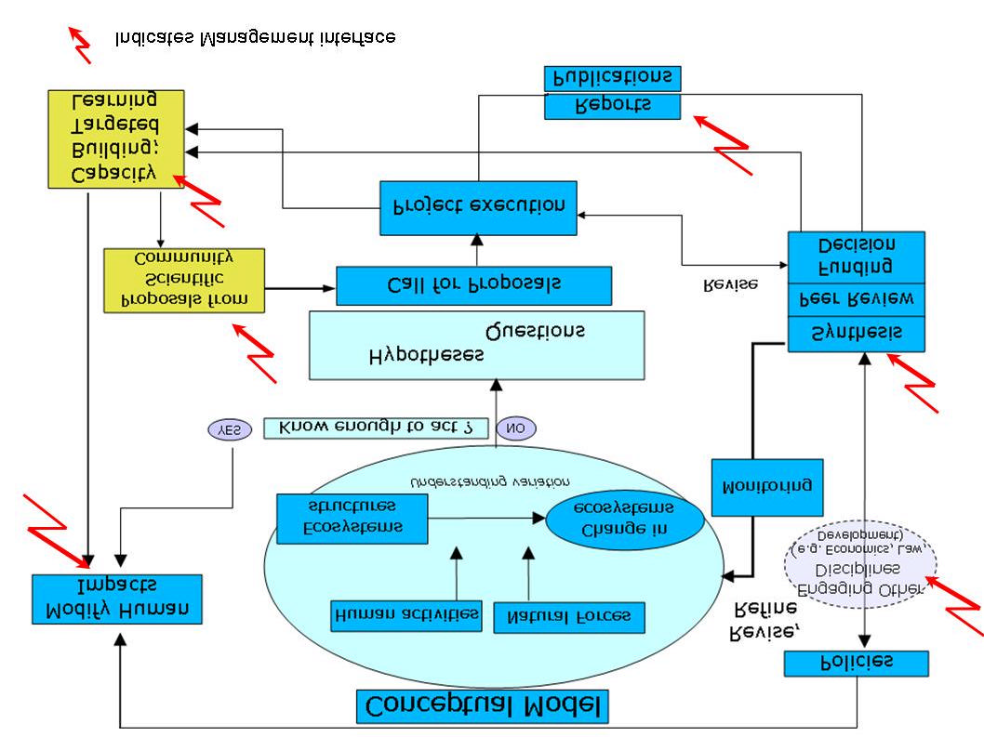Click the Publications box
click(612, 78)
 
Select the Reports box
click(612, 105)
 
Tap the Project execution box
click(478, 207)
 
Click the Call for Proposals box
click(473, 285)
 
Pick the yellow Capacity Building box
click(116, 138)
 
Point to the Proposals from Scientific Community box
click(184, 280)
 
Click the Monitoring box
click(767, 487)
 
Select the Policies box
click(856, 663)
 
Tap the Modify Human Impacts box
click(116, 599)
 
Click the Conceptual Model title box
click(482, 706)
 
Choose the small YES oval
click(229, 429)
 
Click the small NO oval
click(516, 428)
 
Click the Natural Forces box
click(569, 617)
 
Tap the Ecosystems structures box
click(352, 519)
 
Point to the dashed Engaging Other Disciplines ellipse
click(861, 562)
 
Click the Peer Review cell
click(857, 299)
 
